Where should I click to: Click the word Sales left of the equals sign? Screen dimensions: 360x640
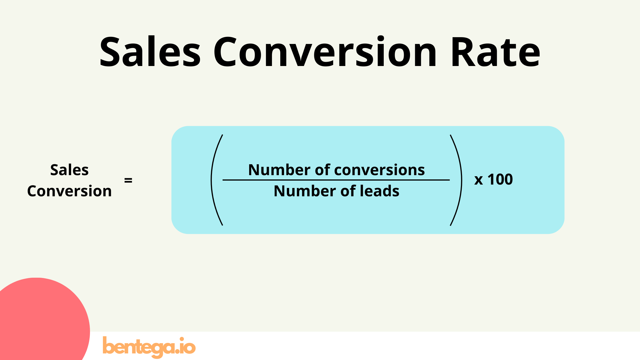click(x=69, y=170)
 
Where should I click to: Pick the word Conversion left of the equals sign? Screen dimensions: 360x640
click(x=69, y=191)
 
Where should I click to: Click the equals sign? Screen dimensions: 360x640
click(x=128, y=180)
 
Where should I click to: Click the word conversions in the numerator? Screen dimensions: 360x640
click(x=379, y=170)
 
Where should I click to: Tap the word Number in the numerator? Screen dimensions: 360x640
click(x=279, y=170)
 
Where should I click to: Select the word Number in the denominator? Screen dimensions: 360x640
click(x=305, y=191)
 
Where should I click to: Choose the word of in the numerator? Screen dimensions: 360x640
click(x=323, y=170)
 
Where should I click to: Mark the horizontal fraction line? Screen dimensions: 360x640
click(x=336, y=180)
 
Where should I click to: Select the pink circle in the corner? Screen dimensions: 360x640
click(x=40, y=323)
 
